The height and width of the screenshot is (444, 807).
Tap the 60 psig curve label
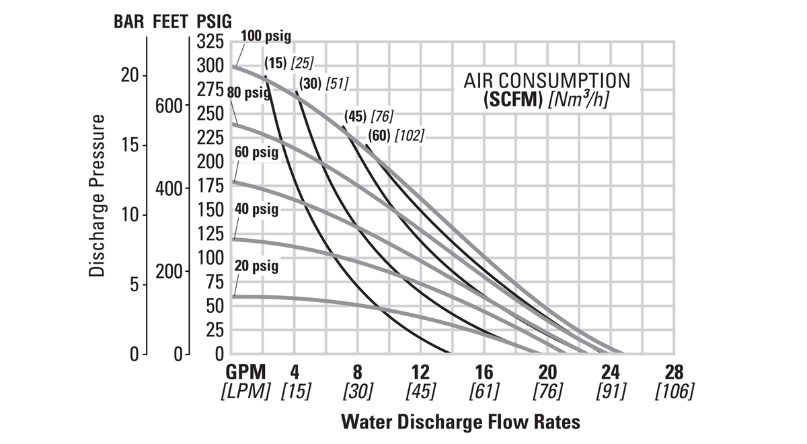(x=256, y=153)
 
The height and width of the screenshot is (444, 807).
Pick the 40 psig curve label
(x=256, y=209)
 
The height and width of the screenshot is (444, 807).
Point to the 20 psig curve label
(x=256, y=266)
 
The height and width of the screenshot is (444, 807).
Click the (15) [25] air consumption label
(x=289, y=63)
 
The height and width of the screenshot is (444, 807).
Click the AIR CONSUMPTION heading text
(x=547, y=81)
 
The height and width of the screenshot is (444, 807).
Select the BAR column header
(x=127, y=21)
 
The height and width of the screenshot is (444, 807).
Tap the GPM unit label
(x=245, y=372)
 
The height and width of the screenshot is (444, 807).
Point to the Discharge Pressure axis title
(x=98, y=196)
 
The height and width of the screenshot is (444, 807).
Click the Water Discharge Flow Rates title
(x=461, y=422)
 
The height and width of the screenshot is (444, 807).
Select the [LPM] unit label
(x=245, y=391)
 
